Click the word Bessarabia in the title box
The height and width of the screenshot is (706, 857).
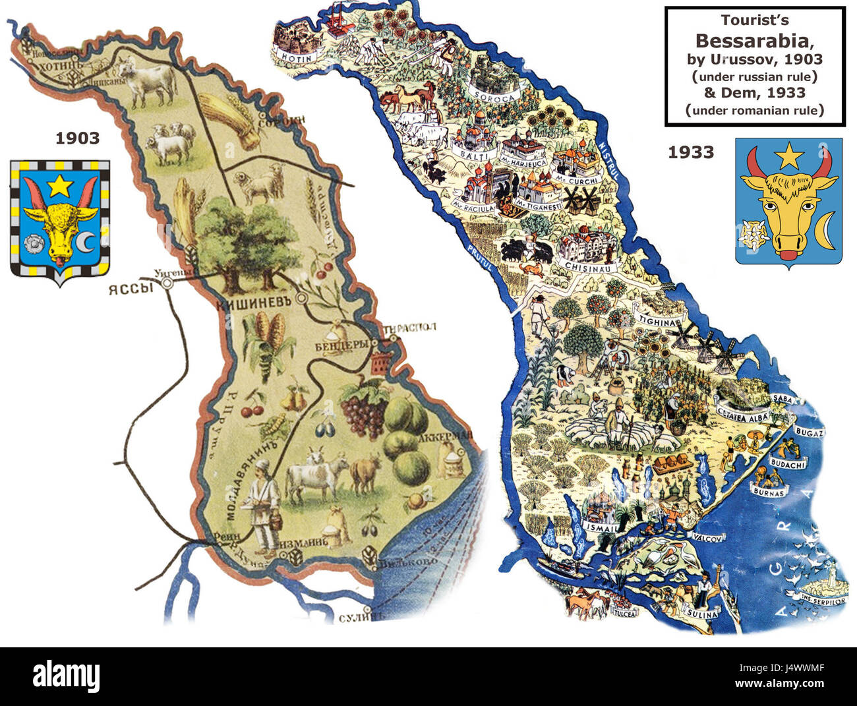pyautogui.click(x=755, y=41)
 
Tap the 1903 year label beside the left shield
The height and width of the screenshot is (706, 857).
pyautogui.click(x=77, y=138)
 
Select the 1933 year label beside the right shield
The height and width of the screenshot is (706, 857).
pyautogui.click(x=691, y=152)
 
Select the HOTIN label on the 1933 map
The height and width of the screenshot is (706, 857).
pyautogui.click(x=296, y=57)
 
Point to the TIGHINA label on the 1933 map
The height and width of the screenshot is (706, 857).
pyautogui.click(x=657, y=322)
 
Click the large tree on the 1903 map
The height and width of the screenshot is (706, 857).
pyautogui.click(x=247, y=237)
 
